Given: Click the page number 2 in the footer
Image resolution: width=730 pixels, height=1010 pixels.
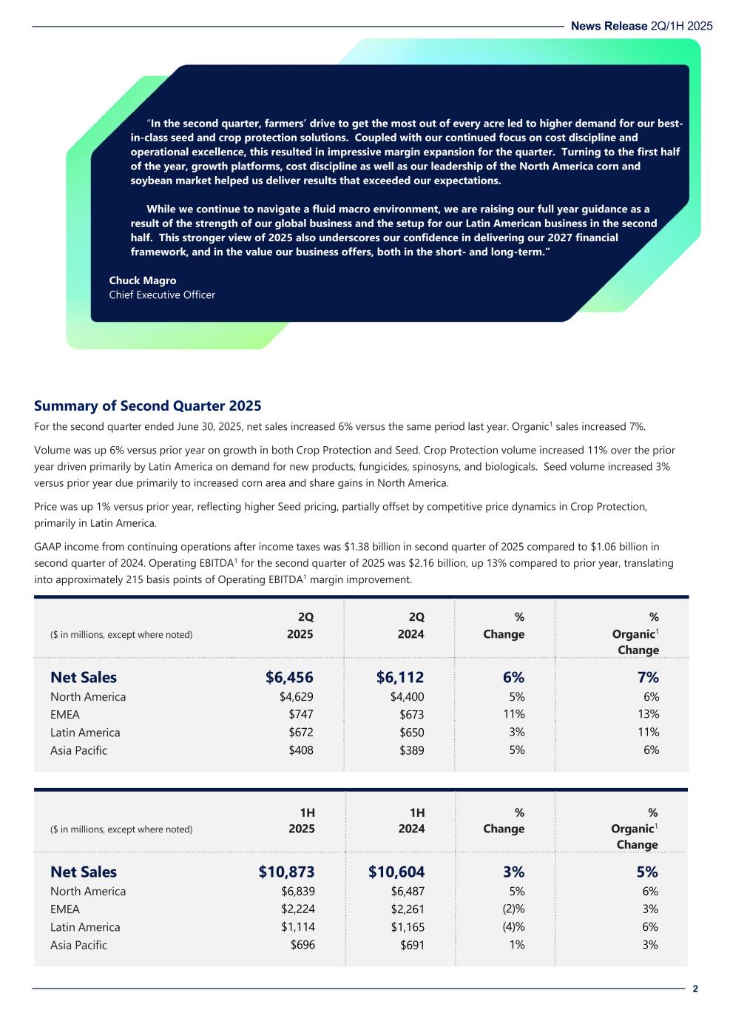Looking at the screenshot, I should [695, 989].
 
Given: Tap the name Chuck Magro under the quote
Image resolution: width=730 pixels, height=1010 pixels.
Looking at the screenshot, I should [142, 280].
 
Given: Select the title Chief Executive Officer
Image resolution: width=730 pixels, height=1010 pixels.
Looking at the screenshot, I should [162, 294].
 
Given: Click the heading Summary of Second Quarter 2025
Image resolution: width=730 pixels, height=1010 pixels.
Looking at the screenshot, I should [147, 405].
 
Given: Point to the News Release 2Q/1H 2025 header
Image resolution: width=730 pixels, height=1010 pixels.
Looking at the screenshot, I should [641, 26].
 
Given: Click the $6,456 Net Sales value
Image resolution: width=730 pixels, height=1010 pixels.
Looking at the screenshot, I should [289, 677].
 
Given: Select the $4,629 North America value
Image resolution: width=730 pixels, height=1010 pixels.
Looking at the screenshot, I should [296, 696].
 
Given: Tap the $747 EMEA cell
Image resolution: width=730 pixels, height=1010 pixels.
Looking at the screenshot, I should [301, 714].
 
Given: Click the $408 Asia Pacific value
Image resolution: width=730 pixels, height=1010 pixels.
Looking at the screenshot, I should [300, 750].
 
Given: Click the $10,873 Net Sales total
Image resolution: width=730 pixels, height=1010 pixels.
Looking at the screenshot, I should [286, 872].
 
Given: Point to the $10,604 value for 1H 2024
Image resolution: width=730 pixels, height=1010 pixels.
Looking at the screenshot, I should [396, 872].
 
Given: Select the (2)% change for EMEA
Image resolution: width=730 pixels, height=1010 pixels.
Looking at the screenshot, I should [512, 909].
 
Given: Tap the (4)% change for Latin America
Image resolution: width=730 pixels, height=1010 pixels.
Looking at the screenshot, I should [512, 927].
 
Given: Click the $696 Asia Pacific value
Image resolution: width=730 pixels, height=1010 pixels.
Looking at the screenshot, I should [302, 945].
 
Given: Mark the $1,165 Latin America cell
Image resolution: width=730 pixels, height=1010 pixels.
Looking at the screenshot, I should [408, 927].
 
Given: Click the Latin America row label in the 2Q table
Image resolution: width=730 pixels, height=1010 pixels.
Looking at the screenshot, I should [85, 733].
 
